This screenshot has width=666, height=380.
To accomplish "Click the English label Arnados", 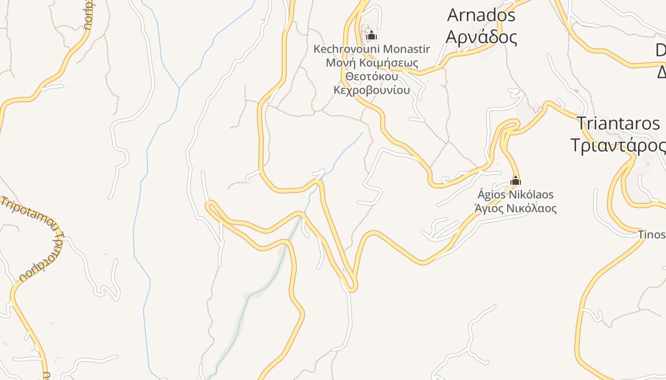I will (481, 15).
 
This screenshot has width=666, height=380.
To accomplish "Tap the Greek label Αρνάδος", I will (481, 37).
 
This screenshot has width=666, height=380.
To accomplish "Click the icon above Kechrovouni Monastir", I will (372, 35).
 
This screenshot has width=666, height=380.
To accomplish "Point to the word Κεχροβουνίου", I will (372, 90).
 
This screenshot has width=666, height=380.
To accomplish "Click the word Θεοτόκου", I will (372, 76).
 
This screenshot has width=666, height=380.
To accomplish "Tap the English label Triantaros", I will (618, 123).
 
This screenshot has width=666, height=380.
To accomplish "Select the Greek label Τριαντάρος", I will (618, 145).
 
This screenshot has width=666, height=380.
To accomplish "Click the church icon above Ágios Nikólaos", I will (516, 180).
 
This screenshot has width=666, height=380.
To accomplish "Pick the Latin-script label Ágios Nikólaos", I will (516, 195).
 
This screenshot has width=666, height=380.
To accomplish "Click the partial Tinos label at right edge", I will (651, 235).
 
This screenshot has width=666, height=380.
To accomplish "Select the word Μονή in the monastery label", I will (337, 63).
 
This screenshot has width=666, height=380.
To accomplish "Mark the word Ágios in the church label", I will (491, 195).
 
